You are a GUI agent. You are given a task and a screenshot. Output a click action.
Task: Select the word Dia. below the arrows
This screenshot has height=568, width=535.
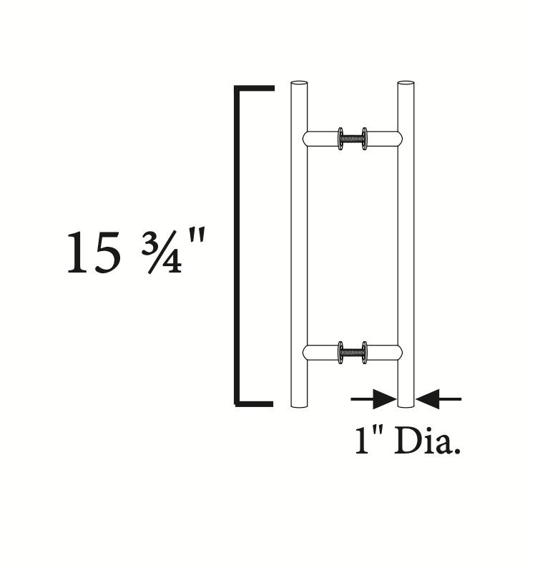pos(427,442)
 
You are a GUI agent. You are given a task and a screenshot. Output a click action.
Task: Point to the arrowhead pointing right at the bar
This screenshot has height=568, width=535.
pos(383,398)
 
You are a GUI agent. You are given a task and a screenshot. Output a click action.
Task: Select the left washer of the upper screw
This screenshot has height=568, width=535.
pos(340,138)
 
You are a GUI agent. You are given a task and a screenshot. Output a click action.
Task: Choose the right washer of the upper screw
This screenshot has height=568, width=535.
pos(365,138)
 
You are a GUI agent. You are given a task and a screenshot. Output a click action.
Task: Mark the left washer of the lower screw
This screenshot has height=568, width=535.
pos(340,352)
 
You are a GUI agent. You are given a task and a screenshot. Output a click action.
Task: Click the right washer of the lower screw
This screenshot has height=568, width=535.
pos(365,352)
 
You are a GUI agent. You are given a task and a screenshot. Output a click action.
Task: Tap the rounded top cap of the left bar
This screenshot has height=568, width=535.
pos(299,83)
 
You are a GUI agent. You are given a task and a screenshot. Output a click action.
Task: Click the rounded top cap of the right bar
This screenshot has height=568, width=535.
pos(406,83)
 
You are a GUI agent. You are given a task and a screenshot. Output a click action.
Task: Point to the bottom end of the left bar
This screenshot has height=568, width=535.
pos(299,405)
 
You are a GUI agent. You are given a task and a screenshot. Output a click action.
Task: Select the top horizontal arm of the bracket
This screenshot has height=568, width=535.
pos(255,89)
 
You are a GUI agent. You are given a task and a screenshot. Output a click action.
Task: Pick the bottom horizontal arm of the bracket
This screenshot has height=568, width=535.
pos(255,404)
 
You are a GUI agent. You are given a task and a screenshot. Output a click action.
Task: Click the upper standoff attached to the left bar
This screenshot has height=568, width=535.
pos(320,138)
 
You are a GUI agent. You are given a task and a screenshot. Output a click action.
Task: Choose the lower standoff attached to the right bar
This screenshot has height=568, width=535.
pos(384,352)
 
